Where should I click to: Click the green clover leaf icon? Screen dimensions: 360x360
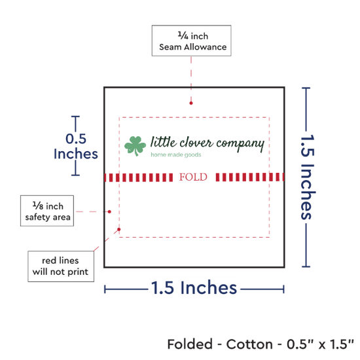[x=135, y=146]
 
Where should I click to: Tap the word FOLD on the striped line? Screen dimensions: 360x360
[x=193, y=177]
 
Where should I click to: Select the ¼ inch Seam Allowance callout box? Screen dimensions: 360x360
[x=192, y=41]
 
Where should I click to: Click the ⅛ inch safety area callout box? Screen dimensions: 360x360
[x=47, y=211]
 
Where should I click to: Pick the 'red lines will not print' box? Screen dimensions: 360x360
[x=61, y=266]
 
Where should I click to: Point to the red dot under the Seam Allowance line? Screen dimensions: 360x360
[x=191, y=103]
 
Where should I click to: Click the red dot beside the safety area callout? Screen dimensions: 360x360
[x=109, y=211]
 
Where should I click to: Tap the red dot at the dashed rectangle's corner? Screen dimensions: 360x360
[x=119, y=229]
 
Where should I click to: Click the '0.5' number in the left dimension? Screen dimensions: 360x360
[x=76, y=139]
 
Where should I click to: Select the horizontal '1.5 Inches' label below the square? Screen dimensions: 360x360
[x=194, y=288]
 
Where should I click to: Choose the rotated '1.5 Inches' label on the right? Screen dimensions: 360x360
[x=308, y=177]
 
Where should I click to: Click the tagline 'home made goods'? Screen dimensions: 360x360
[x=176, y=154]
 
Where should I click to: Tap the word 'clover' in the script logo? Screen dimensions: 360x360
[x=196, y=143]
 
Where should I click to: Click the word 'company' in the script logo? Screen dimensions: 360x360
[x=240, y=144]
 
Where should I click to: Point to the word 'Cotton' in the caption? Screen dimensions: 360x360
[x=249, y=344]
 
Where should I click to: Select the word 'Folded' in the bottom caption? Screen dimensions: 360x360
[x=190, y=344]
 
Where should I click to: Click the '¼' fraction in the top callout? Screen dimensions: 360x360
[x=183, y=35]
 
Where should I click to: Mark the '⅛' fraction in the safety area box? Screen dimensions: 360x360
[x=38, y=206]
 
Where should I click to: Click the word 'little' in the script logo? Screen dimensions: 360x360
[x=164, y=141]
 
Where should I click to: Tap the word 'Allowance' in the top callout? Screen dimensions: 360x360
[x=206, y=47]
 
